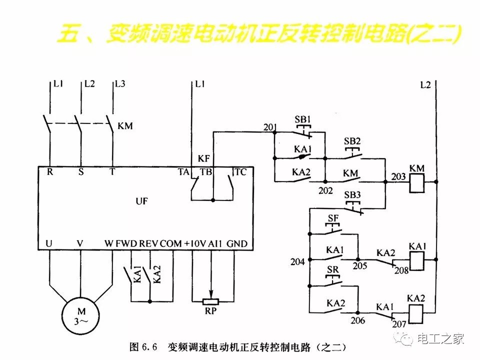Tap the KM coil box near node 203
[x=416, y=183]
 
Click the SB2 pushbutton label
[x=352, y=141]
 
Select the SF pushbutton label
[x=333, y=217]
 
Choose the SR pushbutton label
[x=333, y=270]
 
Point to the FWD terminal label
[x=126, y=243]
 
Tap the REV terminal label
[x=149, y=243]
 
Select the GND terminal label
[x=236, y=243]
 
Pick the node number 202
[x=326, y=190]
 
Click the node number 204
[x=297, y=261]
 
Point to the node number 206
[x=358, y=320]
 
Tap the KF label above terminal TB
[x=204, y=159]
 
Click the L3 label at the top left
[x=120, y=84]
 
